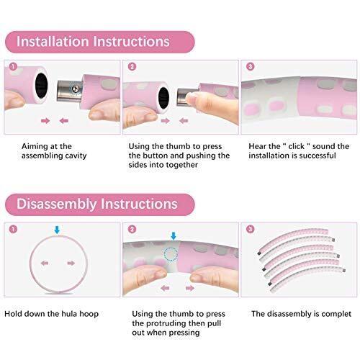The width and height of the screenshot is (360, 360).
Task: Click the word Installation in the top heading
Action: tap(53, 42)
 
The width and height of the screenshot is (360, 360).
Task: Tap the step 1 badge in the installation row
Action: tap(13, 66)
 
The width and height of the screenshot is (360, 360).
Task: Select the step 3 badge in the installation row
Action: tap(251, 66)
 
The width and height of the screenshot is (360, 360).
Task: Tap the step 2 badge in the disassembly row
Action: tap(132, 229)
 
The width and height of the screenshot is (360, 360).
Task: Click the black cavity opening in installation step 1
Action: tap(41, 86)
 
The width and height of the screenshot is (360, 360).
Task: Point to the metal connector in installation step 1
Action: tap(70, 91)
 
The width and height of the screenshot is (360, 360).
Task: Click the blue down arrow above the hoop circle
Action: tap(57, 230)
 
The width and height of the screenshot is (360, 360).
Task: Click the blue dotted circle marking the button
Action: tap(171, 254)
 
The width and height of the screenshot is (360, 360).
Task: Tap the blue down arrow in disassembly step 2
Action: tap(174, 235)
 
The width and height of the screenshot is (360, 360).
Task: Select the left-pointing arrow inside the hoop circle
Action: tap(45, 264)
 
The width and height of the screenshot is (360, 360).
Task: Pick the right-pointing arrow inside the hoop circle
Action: tap(71, 264)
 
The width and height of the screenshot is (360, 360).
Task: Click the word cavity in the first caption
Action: tap(76, 156)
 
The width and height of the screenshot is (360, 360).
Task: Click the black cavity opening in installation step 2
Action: tap(163, 98)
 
